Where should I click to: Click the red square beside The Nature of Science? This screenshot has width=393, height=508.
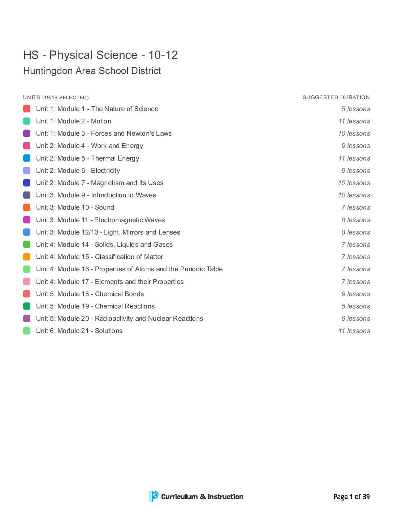[27, 109]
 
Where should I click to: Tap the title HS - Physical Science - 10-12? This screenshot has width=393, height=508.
[100, 55]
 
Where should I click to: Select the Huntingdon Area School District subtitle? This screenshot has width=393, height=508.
[92, 71]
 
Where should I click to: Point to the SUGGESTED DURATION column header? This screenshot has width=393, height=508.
[336, 97]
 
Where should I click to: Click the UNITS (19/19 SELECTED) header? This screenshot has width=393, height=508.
[56, 97]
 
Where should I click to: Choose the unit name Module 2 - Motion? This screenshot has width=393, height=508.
[74, 121]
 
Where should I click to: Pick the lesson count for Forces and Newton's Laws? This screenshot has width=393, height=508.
[354, 133]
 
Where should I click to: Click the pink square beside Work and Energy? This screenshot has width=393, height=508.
[27, 146]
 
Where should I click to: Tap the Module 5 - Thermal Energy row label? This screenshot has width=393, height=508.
[87, 158]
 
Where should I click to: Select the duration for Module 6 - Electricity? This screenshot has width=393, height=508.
[356, 171]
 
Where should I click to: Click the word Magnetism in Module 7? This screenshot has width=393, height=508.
[108, 183]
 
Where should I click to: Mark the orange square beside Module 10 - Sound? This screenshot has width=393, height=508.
[27, 207]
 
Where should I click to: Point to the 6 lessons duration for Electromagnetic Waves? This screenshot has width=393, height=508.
[356, 220]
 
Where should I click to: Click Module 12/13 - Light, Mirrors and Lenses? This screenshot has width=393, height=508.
[108, 232]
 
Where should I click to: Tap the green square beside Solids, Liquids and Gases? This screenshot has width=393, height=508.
[27, 245]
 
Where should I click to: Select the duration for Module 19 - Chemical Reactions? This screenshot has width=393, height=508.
[356, 306]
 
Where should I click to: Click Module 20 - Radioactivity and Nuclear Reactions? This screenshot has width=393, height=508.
[120, 319]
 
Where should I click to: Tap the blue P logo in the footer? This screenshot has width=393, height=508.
[154, 496]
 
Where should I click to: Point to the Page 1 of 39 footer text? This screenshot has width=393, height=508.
[351, 497]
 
